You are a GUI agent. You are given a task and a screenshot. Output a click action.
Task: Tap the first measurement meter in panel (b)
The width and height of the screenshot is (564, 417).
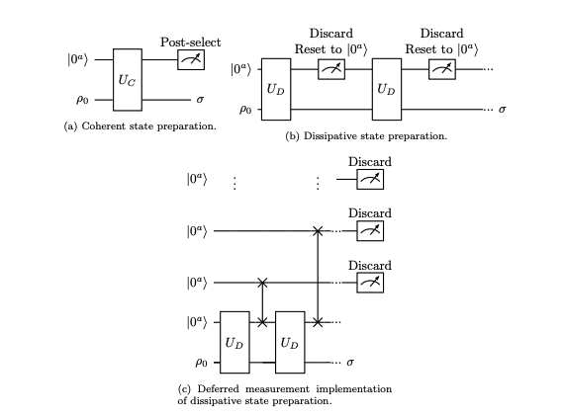click(329, 69)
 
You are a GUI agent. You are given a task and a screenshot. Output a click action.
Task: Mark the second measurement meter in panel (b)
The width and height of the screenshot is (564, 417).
click(441, 69)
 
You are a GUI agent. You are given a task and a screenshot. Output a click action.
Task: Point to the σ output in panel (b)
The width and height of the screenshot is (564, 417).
click(504, 108)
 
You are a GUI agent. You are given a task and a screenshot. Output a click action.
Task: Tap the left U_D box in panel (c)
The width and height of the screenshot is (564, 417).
click(234, 342)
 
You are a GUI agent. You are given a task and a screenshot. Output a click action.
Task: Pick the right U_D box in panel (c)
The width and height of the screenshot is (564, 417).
click(290, 342)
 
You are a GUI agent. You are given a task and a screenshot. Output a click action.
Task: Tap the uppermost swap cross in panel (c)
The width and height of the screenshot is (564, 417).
click(318, 231)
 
